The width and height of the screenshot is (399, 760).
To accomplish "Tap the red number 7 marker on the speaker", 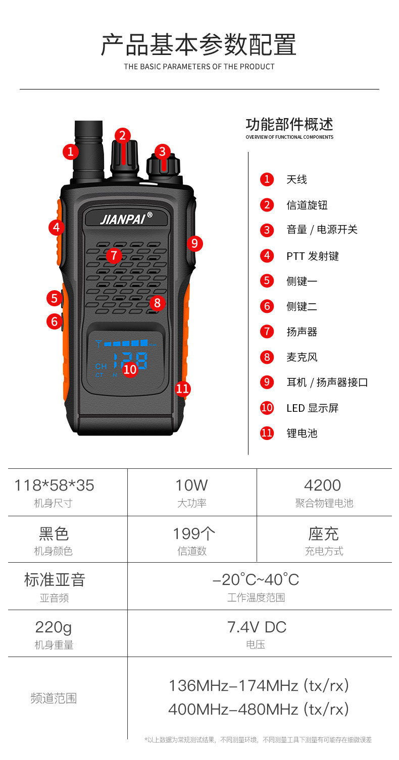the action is pos(114,255).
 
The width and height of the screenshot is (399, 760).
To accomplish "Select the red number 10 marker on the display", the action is pos(130,369).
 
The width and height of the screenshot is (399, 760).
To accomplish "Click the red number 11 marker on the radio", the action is pos(182,389).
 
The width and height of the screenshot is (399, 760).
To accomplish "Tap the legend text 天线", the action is pos(296,180).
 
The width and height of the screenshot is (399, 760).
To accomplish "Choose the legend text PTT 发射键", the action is pos(312,256).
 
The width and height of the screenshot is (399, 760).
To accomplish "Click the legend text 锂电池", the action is pos(302,433).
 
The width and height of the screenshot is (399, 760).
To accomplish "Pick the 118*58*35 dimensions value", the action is pos(54,485).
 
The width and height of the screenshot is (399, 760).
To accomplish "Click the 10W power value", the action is pos(191,485).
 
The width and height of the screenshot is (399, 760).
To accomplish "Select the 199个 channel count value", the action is pos(194,533).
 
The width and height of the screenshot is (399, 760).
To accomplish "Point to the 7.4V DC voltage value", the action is pos(257,627).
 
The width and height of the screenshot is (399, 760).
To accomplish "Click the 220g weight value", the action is pos(54,627).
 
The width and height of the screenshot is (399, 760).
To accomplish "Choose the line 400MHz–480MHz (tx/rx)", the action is pos(259,710).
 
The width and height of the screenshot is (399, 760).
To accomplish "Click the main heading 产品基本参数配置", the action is pos(198,45).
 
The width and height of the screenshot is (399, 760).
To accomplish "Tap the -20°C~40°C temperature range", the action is pos(256,580).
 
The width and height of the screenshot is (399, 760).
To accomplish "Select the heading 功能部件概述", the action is pos(289,124).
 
